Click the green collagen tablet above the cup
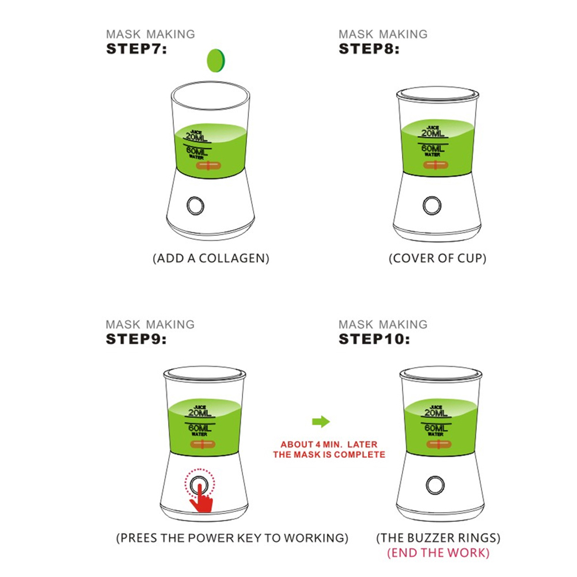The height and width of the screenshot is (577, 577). point(216,60)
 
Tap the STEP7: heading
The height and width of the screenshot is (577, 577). point(136,49)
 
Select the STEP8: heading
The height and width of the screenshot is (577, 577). point(369,49)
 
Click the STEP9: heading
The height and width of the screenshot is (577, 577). point(136,339)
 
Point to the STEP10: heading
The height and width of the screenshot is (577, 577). point(374,339)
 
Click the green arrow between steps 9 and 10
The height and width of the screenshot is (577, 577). point(321,422)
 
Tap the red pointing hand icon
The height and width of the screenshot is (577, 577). point(202,499)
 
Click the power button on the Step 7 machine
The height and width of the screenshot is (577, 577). point(195,206)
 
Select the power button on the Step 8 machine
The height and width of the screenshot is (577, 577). point(432,206)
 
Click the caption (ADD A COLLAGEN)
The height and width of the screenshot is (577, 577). point(211,259)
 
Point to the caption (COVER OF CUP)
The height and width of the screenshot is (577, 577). point(438,259)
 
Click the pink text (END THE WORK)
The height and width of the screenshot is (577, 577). point(438,553)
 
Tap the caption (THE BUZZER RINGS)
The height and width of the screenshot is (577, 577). point(438,538)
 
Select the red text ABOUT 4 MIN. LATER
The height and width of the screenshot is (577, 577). point(329,445)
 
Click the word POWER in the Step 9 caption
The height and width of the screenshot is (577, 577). point(211,538)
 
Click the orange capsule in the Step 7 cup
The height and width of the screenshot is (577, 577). point(208,166)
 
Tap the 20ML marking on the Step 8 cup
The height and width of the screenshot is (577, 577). point(433,133)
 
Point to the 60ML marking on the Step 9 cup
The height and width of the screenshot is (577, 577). point(200,428)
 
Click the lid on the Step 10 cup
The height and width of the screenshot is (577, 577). point(441,374)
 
